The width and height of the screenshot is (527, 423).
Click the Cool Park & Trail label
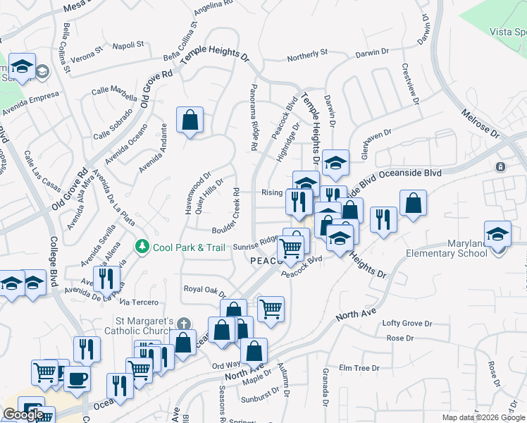(190, 247)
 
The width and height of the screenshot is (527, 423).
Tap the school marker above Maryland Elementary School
(497, 233)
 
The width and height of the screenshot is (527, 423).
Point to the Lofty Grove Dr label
(407, 323)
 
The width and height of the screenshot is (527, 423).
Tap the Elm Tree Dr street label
(359, 368)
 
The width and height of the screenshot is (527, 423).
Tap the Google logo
(23, 415)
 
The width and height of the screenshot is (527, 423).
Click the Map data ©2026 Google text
(483, 417)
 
